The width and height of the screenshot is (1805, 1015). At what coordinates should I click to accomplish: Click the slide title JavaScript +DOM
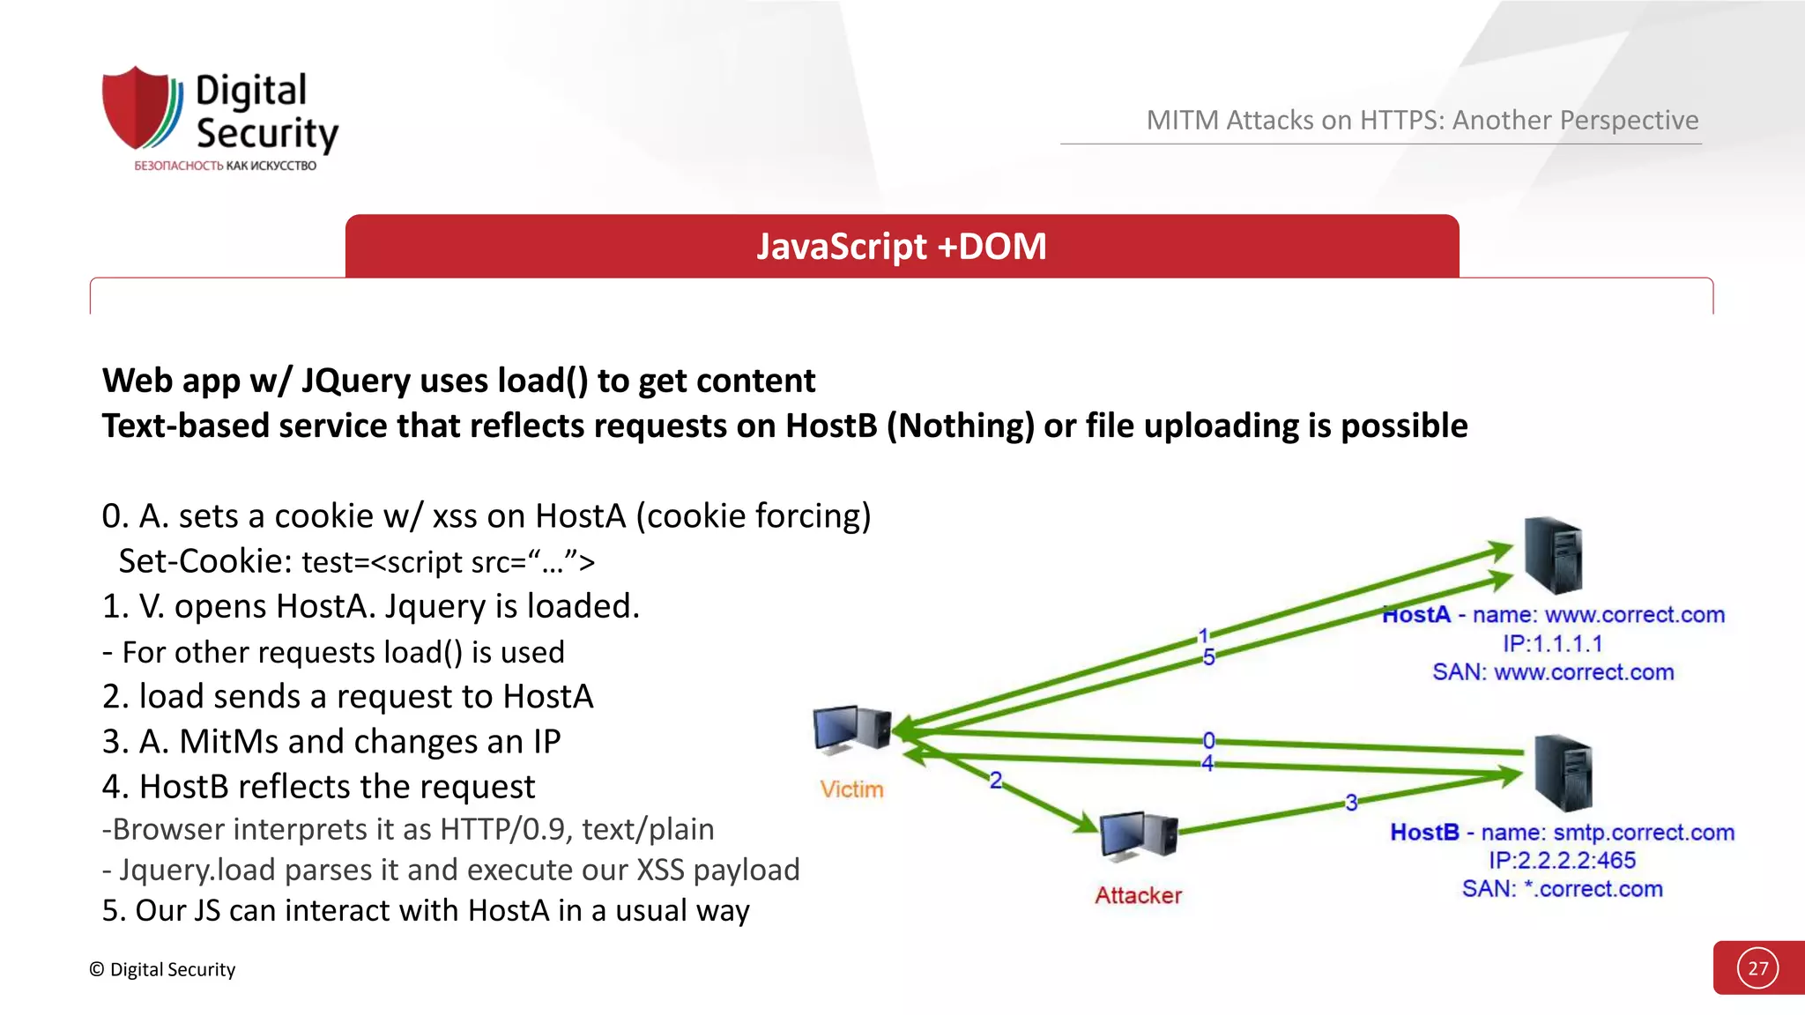pyautogui.click(x=901, y=246)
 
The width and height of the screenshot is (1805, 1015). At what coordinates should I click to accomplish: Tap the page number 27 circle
pyautogui.click(x=1757, y=968)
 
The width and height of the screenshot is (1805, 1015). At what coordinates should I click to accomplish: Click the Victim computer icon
pyautogui.click(x=851, y=730)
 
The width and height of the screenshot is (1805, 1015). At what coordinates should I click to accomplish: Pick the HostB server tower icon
pyautogui.click(x=1563, y=772)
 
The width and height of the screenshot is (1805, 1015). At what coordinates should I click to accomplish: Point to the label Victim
pyautogui.click(x=851, y=789)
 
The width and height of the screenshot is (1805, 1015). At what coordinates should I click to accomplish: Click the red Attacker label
pyautogui.click(x=1138, y=895)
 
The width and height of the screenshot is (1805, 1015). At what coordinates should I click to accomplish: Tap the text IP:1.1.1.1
pyautogui.click(x=1552, y=644)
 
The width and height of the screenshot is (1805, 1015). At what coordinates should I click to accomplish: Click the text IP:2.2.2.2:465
pyautogui.click(x=1562, y=861)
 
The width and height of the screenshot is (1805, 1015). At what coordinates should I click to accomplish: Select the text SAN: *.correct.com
pyautogui.click(x=1562, y=889)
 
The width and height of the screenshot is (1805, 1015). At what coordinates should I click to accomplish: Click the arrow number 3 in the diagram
pyautogui.click(x=1351, y=803)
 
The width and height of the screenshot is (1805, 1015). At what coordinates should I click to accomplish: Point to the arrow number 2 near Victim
pyautogui.click(x=996, y=781)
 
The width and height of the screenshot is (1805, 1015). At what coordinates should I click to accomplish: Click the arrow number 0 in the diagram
pyautogui.click(x=1208, y=740)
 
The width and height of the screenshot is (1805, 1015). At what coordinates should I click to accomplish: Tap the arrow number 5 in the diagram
pyautogui.click(x=1208, y=657)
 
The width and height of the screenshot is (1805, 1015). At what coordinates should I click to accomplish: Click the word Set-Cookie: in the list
pyautogui.click(x=204, y=561)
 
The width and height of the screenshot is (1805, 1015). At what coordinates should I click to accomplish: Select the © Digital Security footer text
pyautogui.click(x=162, y=969)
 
